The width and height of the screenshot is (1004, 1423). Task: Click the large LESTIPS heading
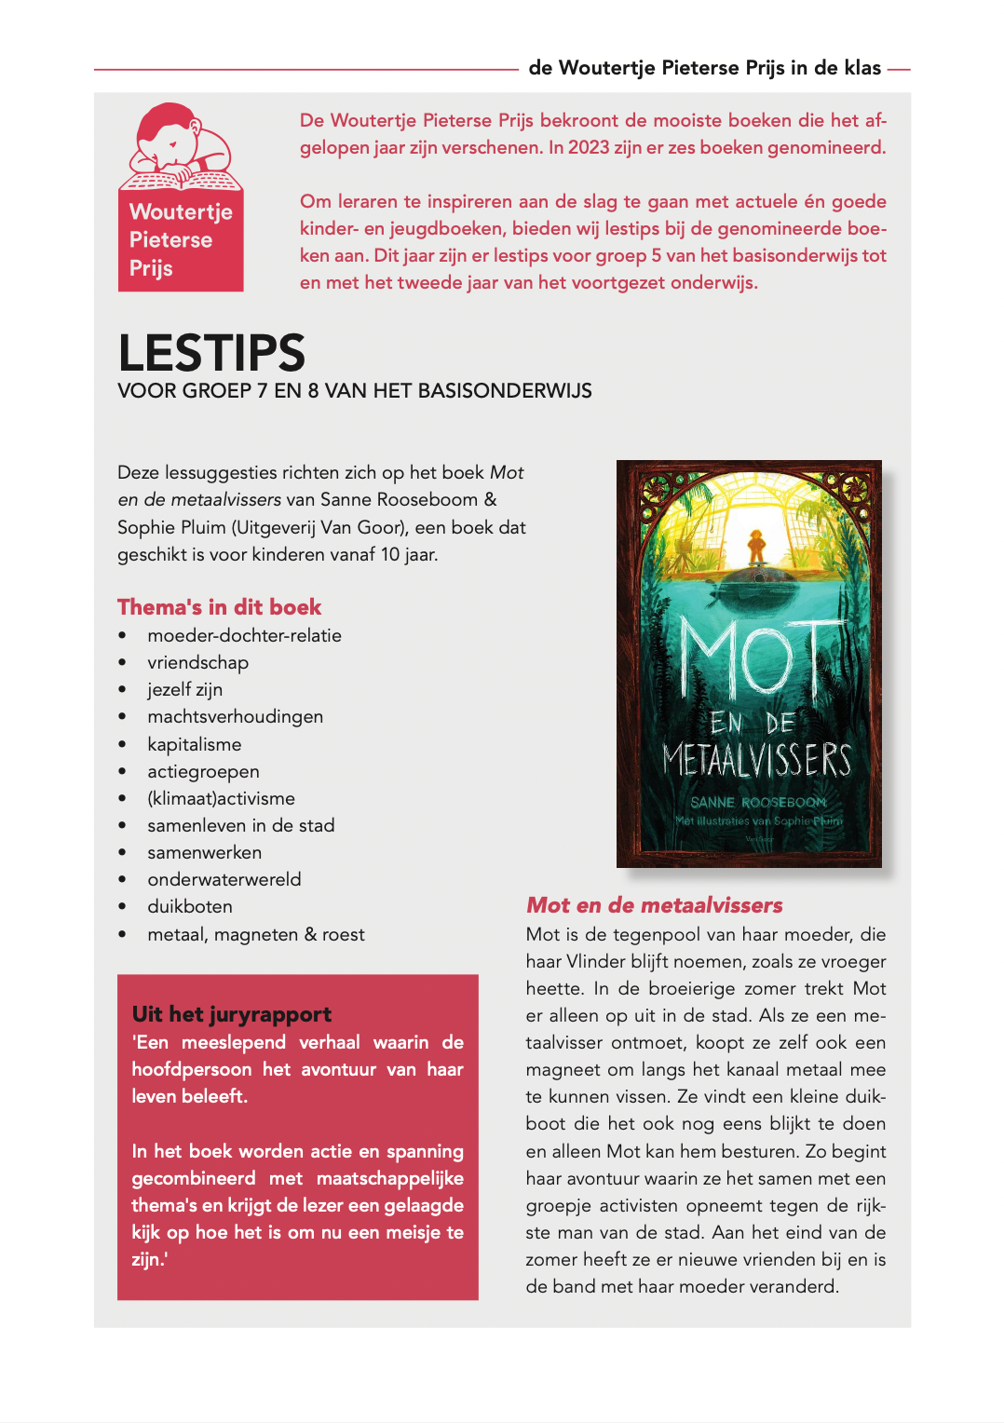click(211, 353)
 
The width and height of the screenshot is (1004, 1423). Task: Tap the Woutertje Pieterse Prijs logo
click(181, 197)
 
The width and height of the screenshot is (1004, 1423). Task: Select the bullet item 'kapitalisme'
click(194, 744)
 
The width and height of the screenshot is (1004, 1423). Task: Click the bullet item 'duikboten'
click(190, 906)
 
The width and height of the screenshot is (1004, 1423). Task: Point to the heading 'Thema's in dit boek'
click(219, 607)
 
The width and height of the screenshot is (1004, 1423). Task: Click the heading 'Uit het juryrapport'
click(232, 1014)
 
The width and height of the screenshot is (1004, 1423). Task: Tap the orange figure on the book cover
click(756, 544)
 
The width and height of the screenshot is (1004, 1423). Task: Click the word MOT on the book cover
click(751, 657)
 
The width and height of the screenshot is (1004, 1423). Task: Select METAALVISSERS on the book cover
click(756, 761)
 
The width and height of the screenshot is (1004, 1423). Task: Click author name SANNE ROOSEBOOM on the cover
click(758, 802)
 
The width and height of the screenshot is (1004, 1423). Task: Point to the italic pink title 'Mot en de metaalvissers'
click(654, 905)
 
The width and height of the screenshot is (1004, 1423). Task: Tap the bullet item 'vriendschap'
click(197, 662)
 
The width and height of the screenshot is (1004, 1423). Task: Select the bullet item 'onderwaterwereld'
click(224, 879)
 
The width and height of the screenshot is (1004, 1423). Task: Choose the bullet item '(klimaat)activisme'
click(221, 798)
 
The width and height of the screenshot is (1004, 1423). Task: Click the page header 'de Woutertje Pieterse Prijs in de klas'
click(704, 68)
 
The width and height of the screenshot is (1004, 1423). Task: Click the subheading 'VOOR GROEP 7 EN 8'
click(354, 391)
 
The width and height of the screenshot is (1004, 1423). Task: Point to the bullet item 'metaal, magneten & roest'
click(255, 934)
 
